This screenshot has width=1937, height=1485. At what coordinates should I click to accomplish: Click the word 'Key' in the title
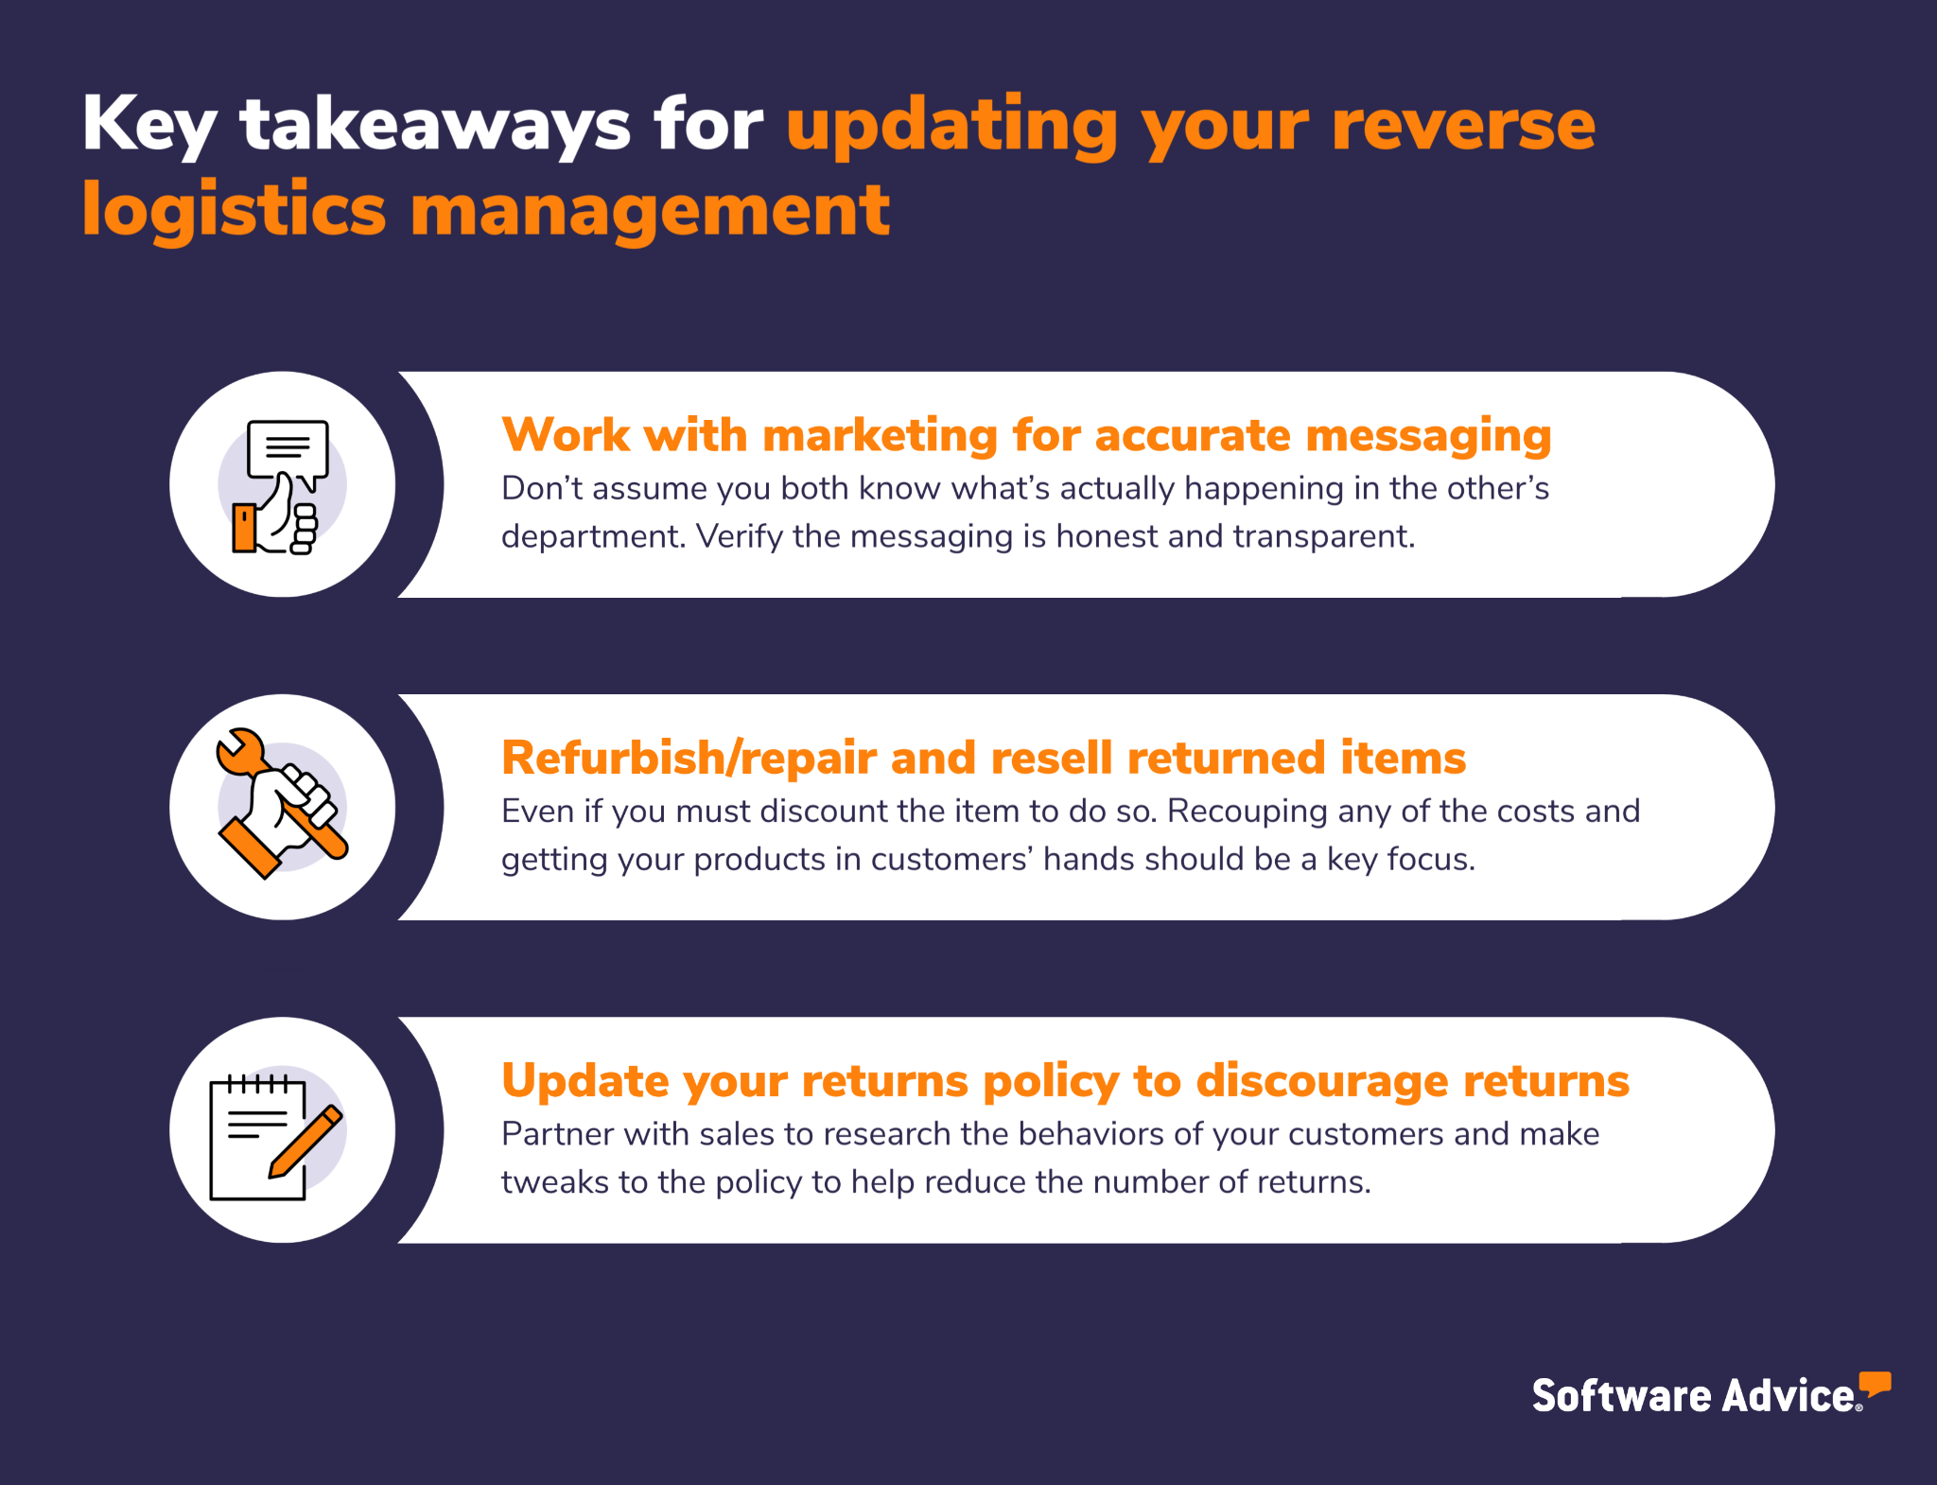[x=149, y=126]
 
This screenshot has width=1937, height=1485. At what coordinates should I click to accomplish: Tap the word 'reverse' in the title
[x=1463, y=126]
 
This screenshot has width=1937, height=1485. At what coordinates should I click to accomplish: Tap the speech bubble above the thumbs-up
[x=288, y=452]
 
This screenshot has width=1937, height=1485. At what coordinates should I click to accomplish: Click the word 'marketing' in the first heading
[x=879, y=436]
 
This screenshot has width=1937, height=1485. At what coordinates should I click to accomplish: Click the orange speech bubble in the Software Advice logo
[x=1875, y=1384]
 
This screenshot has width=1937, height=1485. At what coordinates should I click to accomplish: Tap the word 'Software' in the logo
[x=1621, y=1396]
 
